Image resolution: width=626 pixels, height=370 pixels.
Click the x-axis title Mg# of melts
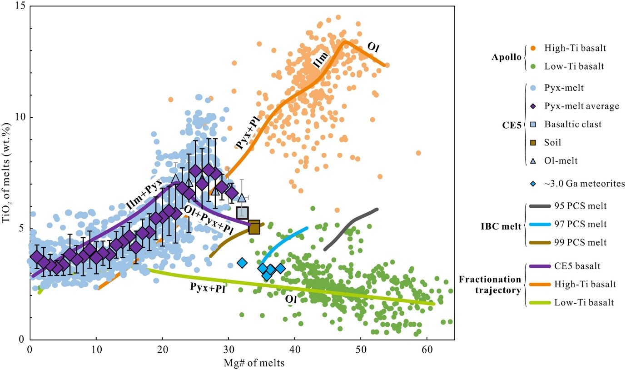(242, 363)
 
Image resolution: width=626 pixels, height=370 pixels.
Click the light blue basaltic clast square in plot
(242, 212)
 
